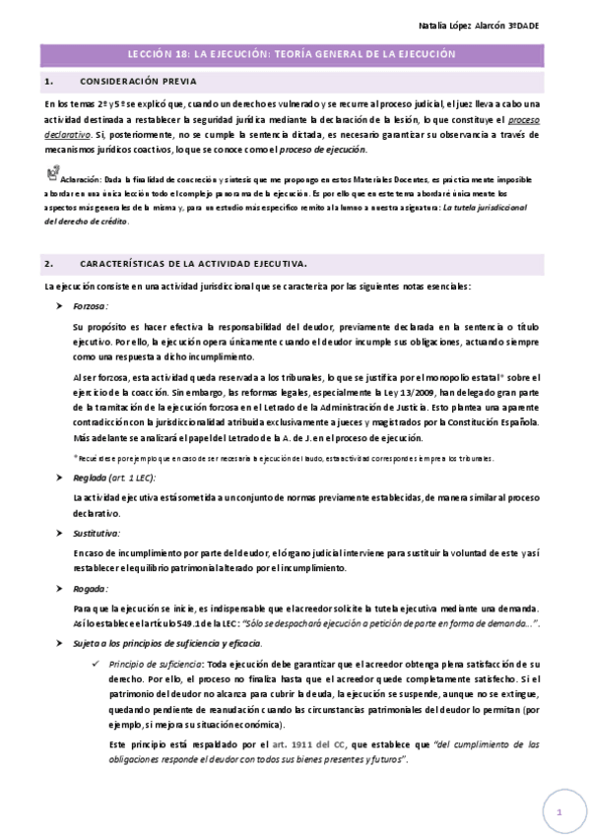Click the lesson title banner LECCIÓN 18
click(295, 57)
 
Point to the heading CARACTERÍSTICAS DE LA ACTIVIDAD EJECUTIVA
click(192, 264)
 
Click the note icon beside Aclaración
click(52, 173)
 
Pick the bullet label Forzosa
click(91, 306)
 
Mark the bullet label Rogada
click(90, 588)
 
